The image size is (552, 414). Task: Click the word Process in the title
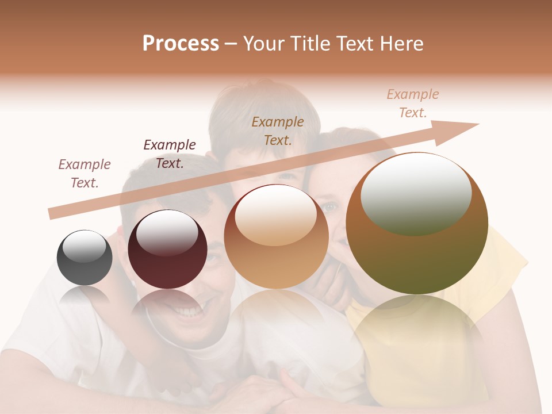pyautogui.click(x=181, y=44)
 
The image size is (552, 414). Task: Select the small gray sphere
pyautogui.click(x=85, y=258)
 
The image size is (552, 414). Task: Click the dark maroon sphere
pyautogui.click(x=167, y=250)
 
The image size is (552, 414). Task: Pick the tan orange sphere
pyautogui.click(x=276, y=237)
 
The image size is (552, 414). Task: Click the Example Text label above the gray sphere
pyautogui.click(x=85, y=174)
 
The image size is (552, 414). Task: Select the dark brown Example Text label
pyautogui.click(x=170, y=154)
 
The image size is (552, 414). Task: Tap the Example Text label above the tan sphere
pyautogui.click(x=278, y=131)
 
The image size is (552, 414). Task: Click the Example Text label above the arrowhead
pyautogui.click(x=413, y=103)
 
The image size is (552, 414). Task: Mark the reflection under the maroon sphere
pyautogui.click(x=167, y=308)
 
